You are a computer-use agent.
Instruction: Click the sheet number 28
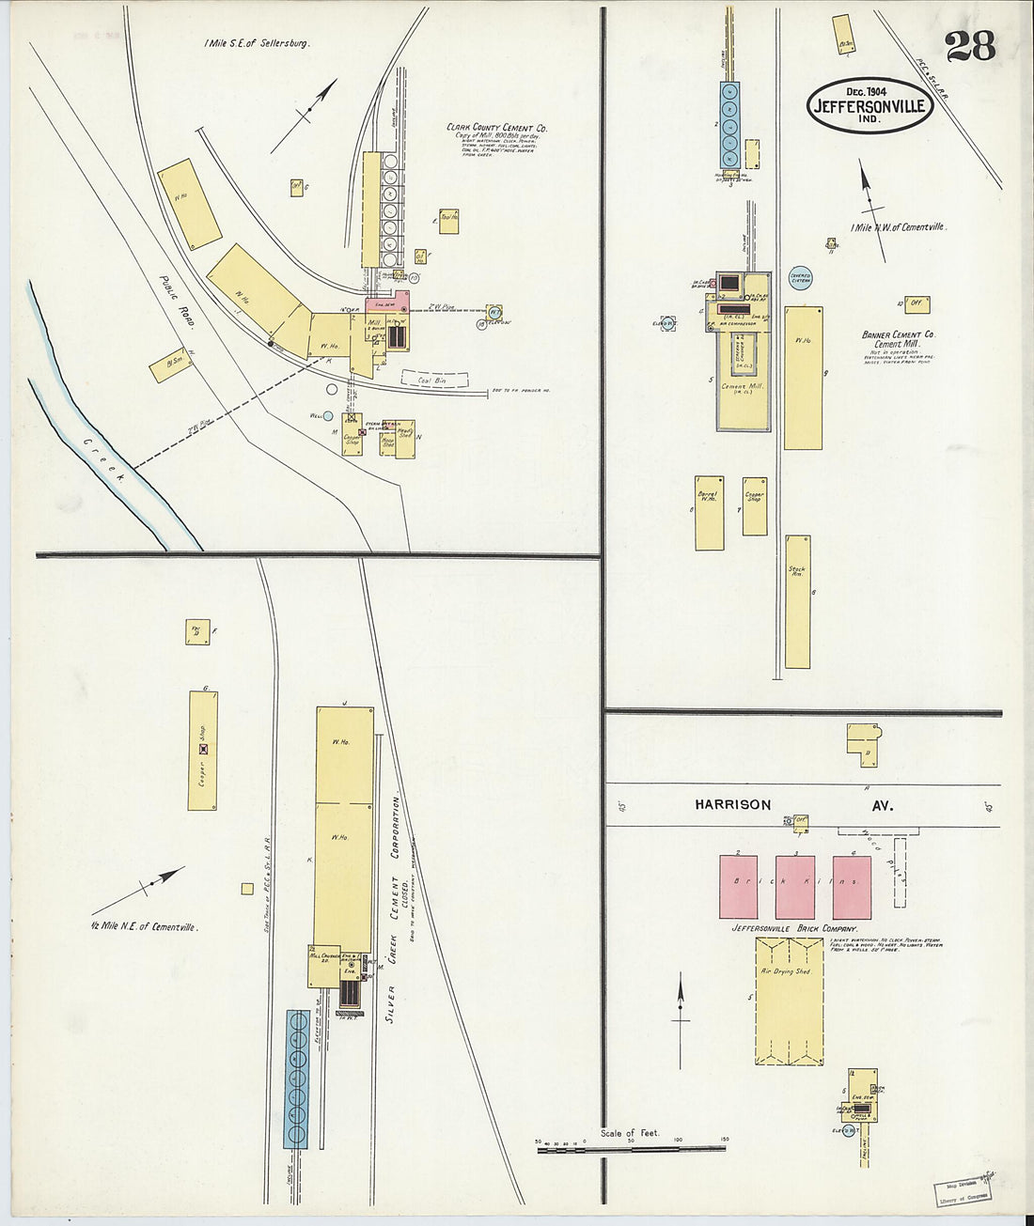(970, 45)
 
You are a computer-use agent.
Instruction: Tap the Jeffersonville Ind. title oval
(869, 104)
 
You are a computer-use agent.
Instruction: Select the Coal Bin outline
(434, 379)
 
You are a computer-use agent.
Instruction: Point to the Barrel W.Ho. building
(709, 512)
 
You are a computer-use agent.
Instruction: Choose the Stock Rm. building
(798, 601)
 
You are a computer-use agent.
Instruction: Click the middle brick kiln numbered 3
(795, 887)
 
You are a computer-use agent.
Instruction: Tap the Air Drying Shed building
(789, 1001)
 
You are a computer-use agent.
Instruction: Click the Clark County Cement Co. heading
(497, 128)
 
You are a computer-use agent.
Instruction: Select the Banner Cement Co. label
(899, 334)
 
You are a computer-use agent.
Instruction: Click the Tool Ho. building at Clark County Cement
(448, 219)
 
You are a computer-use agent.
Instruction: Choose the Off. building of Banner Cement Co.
(916, 304)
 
